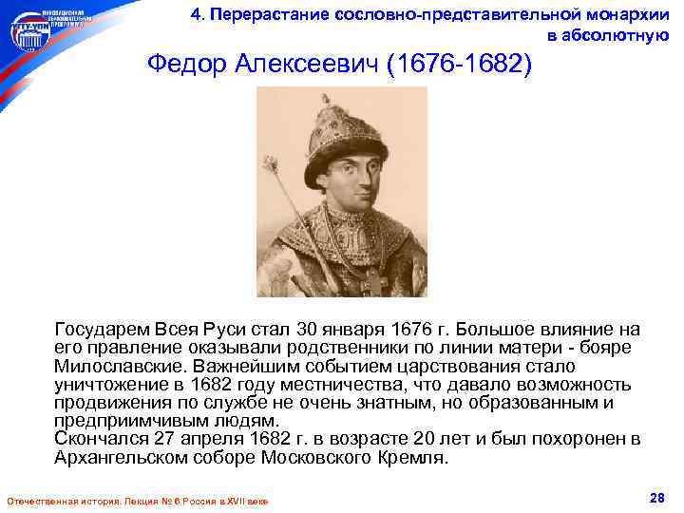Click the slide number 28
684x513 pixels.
655,499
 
